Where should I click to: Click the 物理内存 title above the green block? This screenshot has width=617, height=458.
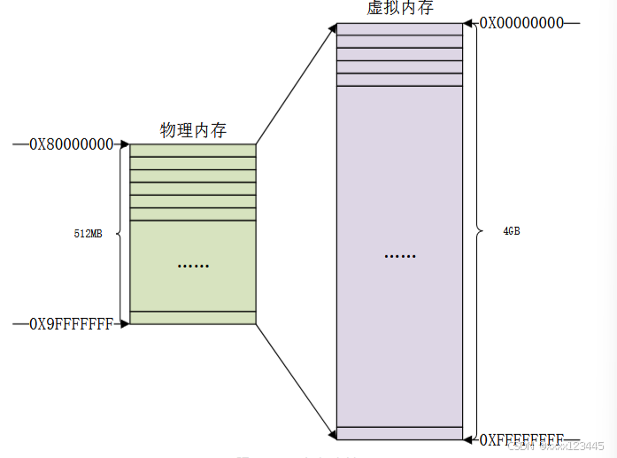(193, 130)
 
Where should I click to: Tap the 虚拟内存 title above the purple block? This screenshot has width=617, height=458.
(399, 9)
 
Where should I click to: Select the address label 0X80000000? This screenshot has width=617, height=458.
(72, 144)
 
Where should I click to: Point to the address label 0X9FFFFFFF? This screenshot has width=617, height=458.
(72, 324)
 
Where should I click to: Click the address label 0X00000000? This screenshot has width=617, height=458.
(521, 23)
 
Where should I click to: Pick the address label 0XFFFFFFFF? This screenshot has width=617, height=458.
(521, 439)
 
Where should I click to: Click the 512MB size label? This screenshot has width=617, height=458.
(88, 234)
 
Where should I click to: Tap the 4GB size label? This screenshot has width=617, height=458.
(511, 231)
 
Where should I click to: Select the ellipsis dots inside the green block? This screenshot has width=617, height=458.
(192, 265)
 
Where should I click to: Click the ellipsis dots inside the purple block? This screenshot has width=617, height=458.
(399, 256)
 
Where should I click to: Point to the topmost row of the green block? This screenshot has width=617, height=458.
(193, 151)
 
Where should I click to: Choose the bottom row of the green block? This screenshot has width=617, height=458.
(193, 318)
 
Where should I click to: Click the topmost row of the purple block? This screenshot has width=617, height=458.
(399, 29)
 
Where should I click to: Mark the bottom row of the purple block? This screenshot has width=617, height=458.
(399, 433)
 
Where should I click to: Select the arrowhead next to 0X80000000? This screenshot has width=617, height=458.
(125, 144)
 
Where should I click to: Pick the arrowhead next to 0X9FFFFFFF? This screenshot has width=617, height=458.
(125, 323)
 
